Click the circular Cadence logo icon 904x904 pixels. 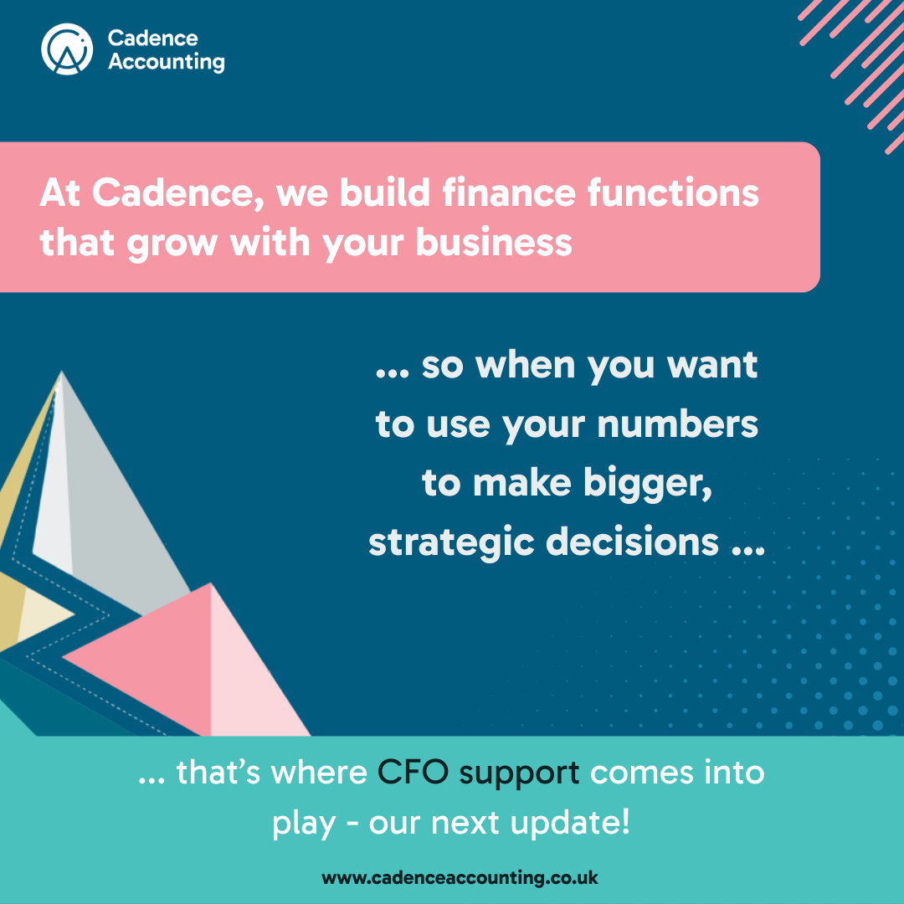coord(67,49)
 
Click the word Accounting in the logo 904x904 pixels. coord(167,62)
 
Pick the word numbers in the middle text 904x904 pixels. coord(677,424)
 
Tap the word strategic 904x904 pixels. coord(451,543)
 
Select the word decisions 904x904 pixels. coord(633,542)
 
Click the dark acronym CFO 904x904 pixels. coord(413,772)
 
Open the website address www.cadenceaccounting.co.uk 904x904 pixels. coord(460,878)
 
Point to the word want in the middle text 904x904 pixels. coord(712,366)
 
